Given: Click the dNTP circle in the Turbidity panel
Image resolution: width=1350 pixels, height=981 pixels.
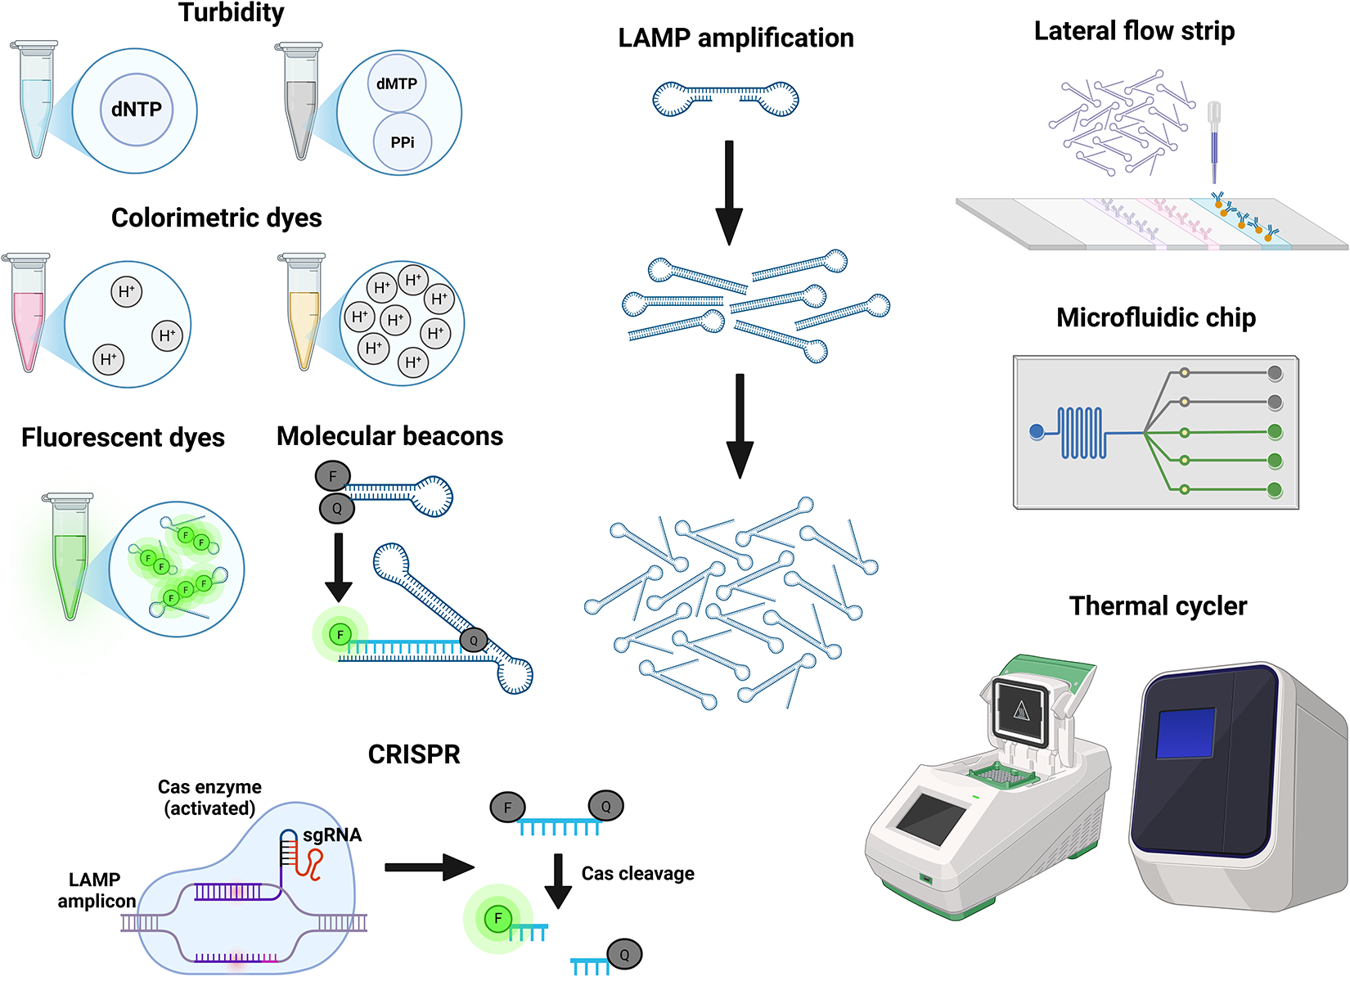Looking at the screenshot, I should pos(137,110).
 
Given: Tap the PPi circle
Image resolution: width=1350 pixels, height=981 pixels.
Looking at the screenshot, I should pos(402,142).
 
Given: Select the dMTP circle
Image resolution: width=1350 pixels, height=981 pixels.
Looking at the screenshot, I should pos(397,83).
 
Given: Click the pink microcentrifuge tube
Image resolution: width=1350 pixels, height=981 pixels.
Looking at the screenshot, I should pos(28,315).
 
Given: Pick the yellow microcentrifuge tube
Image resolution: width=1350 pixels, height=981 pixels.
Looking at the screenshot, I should pos(304,315).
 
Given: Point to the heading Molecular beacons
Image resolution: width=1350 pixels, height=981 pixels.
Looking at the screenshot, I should pos(389,436).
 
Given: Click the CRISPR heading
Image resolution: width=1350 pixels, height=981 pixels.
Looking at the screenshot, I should pos(414,754).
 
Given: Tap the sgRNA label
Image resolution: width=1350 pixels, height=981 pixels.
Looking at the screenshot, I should pos(332,835).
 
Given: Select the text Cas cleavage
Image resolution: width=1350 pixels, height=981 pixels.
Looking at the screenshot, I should pos(637,874).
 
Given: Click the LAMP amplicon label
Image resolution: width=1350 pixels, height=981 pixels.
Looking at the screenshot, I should pos(96,890).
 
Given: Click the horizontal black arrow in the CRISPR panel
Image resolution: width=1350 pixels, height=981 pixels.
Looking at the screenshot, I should pos(429,867).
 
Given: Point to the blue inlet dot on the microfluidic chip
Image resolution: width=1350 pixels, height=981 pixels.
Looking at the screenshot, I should pos(1037,431).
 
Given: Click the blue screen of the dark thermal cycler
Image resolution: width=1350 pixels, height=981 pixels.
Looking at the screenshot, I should pos(1186,732).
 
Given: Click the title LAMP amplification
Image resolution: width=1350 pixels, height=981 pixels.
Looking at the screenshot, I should pos(736,38).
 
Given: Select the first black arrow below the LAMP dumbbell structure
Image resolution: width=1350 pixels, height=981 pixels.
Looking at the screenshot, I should pos(729,192).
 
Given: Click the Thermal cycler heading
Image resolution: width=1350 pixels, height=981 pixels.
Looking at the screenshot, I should pos(1158,606).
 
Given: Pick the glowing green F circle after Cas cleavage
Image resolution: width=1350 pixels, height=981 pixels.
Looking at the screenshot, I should pos(497,919).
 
